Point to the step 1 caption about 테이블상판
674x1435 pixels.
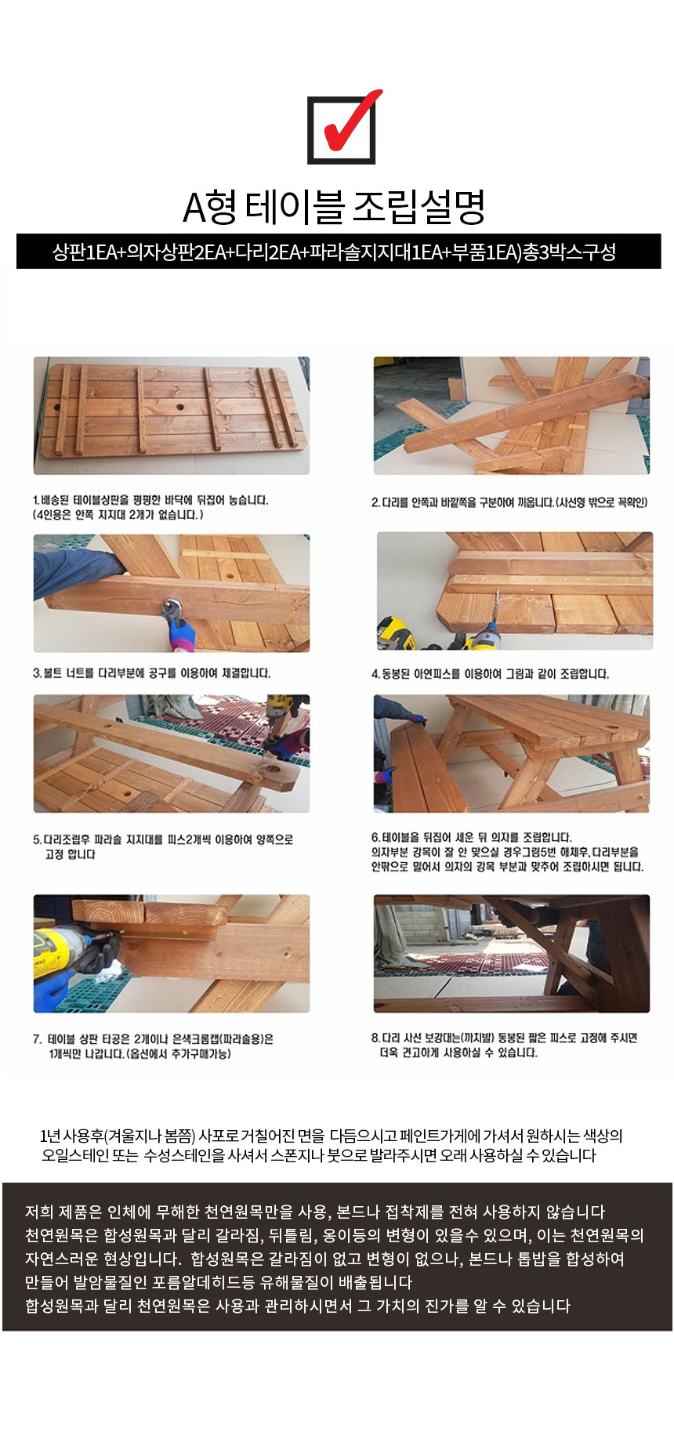(150, 507)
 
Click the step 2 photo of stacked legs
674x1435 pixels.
(511, 415)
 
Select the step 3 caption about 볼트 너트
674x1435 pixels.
(151, 673)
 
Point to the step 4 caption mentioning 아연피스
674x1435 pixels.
(490, 674)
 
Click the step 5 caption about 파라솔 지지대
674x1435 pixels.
(163, 846)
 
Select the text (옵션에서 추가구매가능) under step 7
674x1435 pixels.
(178, 1054)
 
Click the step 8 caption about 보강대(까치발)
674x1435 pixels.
(504, 1045)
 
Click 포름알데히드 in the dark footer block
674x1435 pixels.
(248, 1282)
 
